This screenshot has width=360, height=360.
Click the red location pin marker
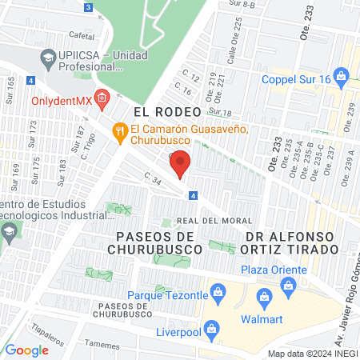[181, 163]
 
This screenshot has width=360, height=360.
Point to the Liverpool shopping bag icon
[210, 329]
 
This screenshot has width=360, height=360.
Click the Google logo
[27, 350]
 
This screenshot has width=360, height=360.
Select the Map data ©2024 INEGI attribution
[311, 353]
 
